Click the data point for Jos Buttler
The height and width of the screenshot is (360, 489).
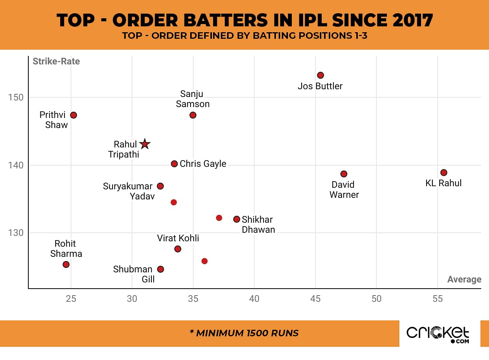pyautogui.click(x=320, y=75)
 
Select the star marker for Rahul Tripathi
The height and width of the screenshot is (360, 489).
pyautogui.click(x=145, y=144)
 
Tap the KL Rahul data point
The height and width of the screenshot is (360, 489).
pyautogui.click(x=444, y=173)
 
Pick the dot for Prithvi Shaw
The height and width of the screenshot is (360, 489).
pyautogui.click(x=73, y=115)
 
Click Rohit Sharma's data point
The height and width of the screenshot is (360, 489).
pyautogui.click(x=66, y=265)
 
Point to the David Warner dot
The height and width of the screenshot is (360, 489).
pyautogui.click(x=343, y=174)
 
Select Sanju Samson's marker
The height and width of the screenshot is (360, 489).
pyautogui.click(x=193, y=115)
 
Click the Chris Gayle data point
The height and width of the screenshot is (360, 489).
pyautogui.click(x=174, y=164)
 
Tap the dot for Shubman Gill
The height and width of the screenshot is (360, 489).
pyautogui.click(x=160, y=269)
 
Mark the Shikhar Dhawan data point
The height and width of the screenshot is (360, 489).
pyautogui.click(x=236, y=219)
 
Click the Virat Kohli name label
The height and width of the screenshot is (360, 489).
pyautogui.click(x=178, y=238)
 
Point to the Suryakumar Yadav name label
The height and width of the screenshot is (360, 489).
pyautogui.click(x=128, y=191)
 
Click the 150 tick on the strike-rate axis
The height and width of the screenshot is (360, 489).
pyautogui.click(x=16, y=97)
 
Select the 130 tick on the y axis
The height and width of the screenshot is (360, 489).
pyautogui.click(x=16, y=233)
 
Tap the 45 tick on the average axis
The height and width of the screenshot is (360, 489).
pyautogui.click(x=316, y=299)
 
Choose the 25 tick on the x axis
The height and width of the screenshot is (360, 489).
pyautogui.click(x=71, y=299)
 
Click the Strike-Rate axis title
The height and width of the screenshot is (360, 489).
pyautogui.click(x=56, y=61)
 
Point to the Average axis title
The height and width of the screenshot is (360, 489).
pyautogui.click(x=464, y=279)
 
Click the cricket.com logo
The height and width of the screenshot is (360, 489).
pyautogui.click(x=438, y=334)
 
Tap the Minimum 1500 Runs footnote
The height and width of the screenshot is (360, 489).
pyautogui.click(x=244, y=333)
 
